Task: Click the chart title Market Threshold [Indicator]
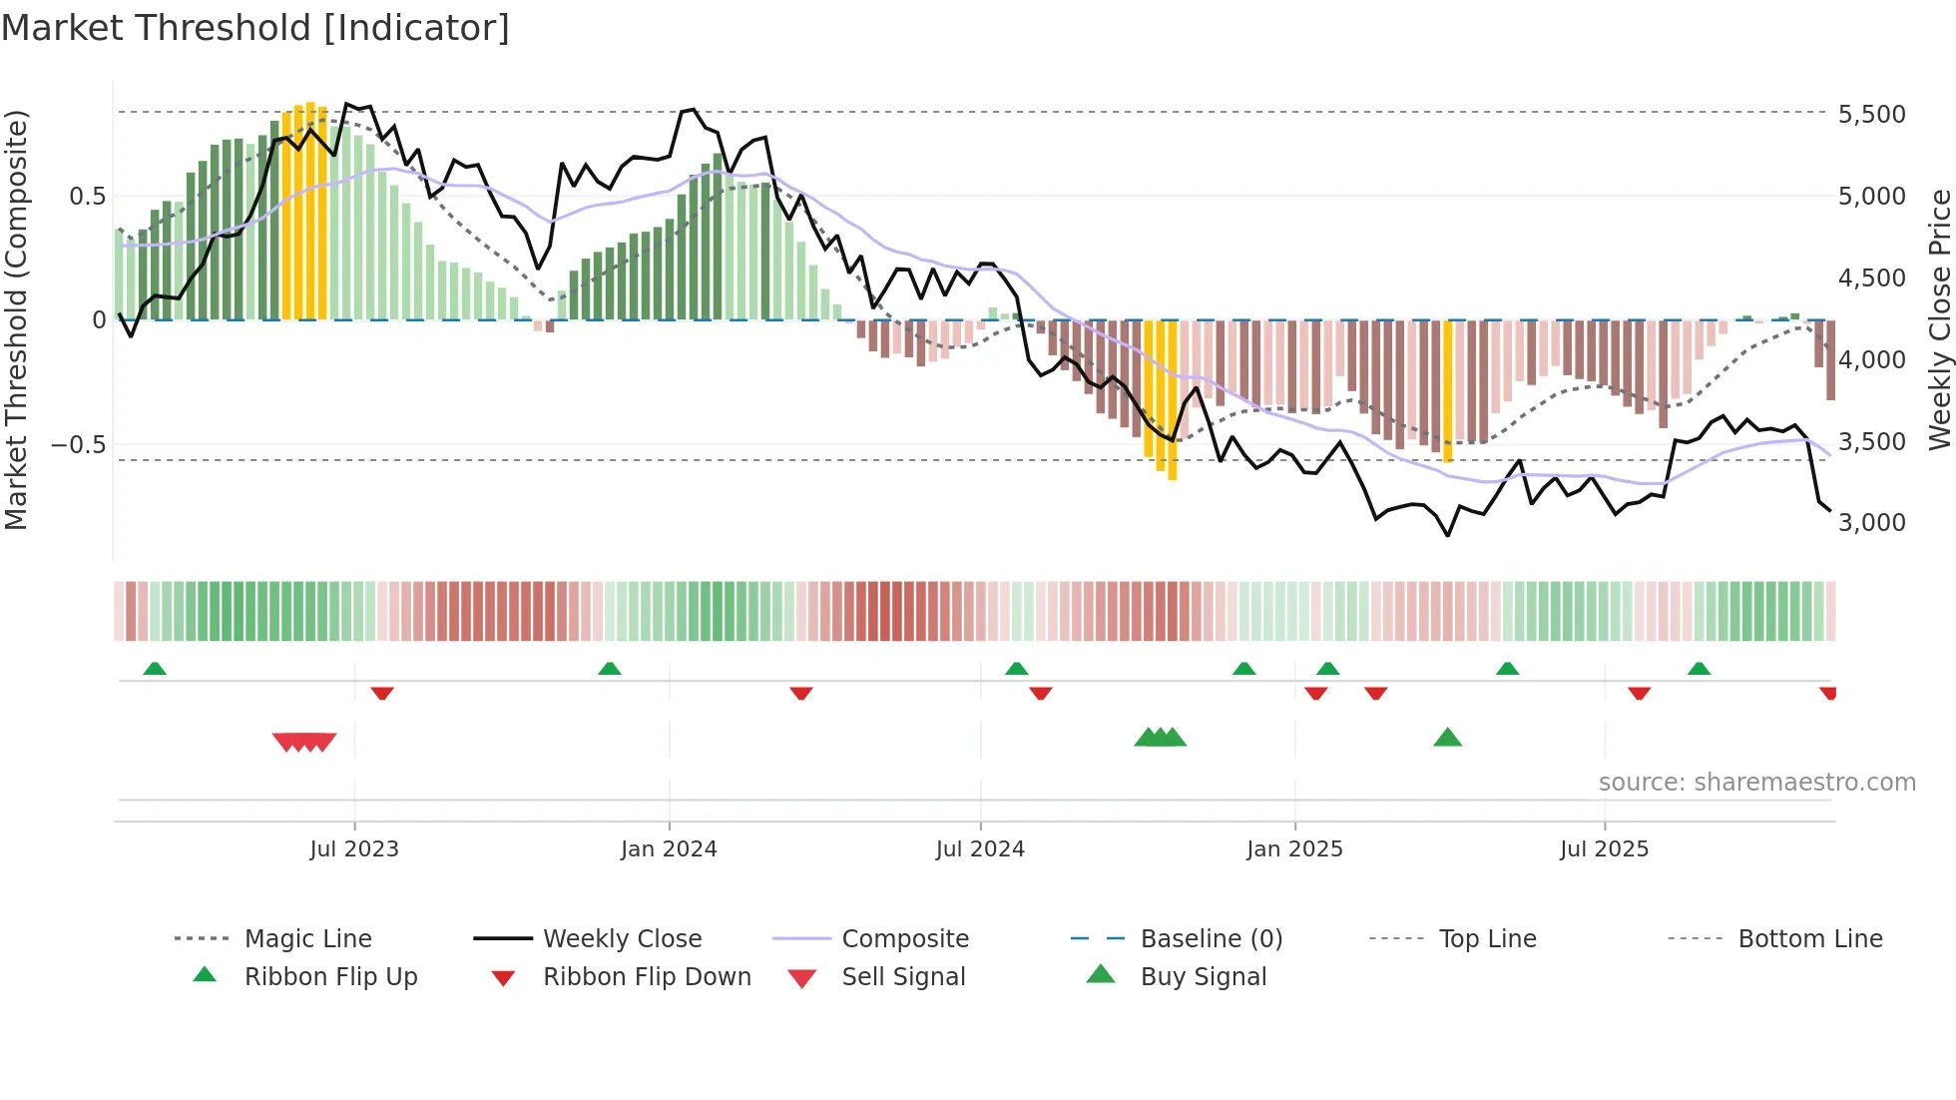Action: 255,28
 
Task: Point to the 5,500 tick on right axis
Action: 1871,115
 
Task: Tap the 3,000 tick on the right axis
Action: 1871,523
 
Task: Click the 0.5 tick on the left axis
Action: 87,197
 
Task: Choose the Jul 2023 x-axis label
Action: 354,849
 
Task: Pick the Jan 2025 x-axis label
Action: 1294,849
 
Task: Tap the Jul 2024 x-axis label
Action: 980,849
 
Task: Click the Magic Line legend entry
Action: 307,939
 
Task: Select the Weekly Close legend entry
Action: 622,939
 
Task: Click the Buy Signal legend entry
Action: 1203,977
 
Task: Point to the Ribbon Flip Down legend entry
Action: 647,977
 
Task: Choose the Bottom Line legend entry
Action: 1809,939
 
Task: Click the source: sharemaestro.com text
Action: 1756,783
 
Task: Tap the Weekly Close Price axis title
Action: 1939,319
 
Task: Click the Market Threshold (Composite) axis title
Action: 16,319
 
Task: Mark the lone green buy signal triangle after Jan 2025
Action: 1447,739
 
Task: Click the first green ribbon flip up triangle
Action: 155,669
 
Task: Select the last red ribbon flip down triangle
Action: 1827,693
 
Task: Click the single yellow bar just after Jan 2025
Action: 1448,390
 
